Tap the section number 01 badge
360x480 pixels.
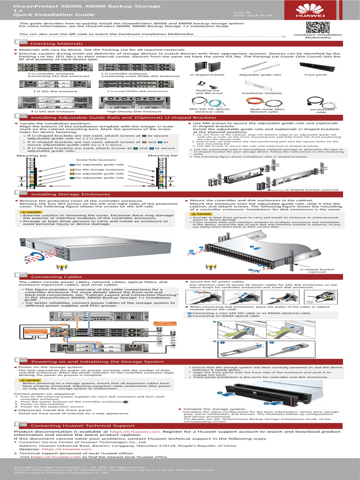(x=22, y=43)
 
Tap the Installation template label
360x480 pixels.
(x=255, y=93)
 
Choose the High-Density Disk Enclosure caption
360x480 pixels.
(x=127, y=112)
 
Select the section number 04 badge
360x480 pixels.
(x=22, y=277)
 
